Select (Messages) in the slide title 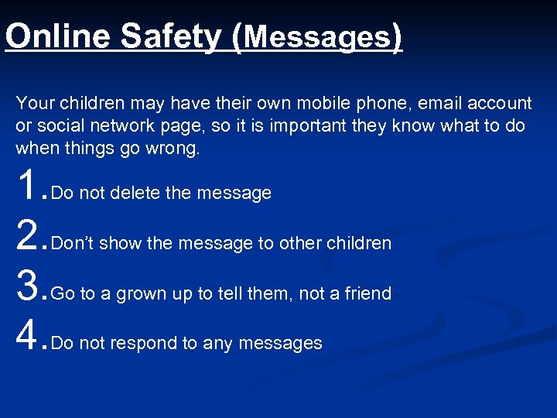point(317,36)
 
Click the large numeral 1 point(28,186)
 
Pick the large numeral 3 point(28,286)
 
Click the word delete point(135,193)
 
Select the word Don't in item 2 point(73,243)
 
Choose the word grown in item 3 point(140,293)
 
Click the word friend point(368,293)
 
